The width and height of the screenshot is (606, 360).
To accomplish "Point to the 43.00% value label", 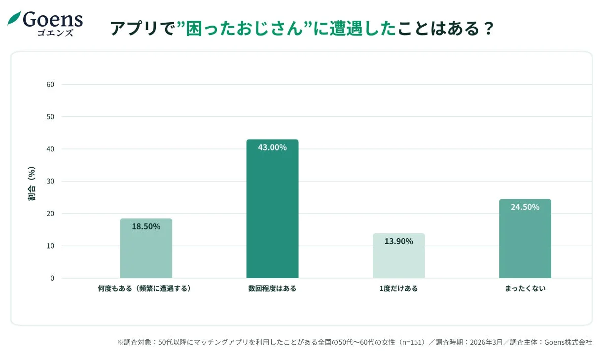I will click(x=272, y=147).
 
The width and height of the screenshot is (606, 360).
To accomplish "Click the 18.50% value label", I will click(x=146, y=227).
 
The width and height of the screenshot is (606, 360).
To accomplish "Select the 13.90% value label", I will click(x=398, y=242).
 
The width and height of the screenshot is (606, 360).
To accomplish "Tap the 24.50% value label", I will click(x=525, y=207).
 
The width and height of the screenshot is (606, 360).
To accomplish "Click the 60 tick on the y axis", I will click(x=50, y=84).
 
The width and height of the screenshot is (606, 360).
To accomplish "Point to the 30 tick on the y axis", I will click(x=50, y=181).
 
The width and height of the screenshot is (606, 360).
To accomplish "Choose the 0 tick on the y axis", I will click(x=52, y=278).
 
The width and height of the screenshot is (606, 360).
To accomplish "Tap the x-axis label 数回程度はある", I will click(x=272, y=288).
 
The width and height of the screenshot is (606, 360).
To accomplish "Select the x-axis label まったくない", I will click(x=525, y=288).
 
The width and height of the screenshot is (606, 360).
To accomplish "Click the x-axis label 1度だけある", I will click(x=398, y=288).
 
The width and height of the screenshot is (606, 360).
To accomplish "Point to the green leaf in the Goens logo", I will click(x=14, y=19).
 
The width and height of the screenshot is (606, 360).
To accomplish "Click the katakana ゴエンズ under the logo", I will click(x=55, y=33).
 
